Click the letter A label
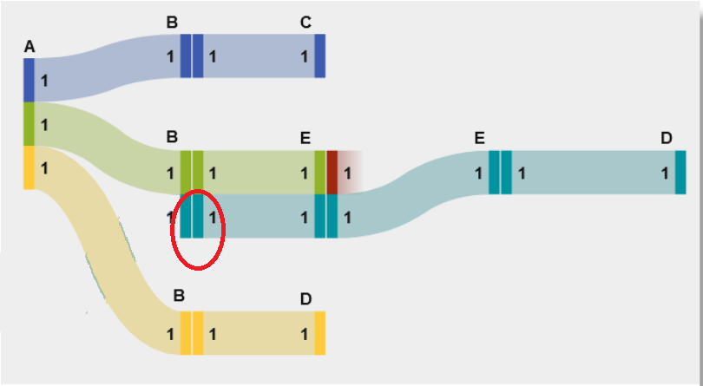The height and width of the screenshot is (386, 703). tap(30, 47)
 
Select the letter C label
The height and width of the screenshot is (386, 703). tap(306, 23)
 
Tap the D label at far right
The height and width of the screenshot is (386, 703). tap(666, 138)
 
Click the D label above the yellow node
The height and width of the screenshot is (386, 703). tap(306, 299)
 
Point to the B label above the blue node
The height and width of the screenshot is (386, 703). tap(172, 23)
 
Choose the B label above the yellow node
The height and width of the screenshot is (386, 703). tap(179, 296)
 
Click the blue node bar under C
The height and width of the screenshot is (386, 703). tap(319, 56)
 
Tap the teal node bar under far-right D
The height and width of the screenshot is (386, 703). tap(680, 172)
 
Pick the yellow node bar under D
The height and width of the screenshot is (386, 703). tap(319, 333)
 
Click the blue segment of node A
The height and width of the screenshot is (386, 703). tap(29, 80)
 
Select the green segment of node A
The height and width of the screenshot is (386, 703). tap(29, 124)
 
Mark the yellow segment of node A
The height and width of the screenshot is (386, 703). tap(29, 167)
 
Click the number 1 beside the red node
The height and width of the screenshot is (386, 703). tap(347, 173)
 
